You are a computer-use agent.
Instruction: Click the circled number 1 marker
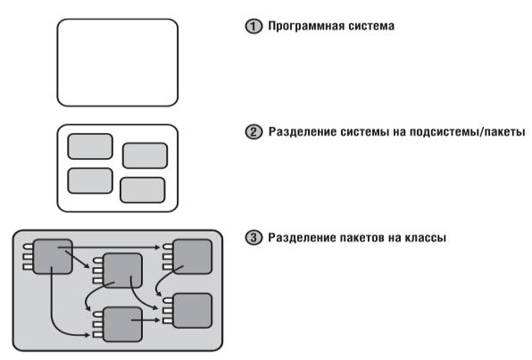pos(254,27)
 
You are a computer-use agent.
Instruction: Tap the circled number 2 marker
pos(254,132)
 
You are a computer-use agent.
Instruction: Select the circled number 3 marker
pos(254,238)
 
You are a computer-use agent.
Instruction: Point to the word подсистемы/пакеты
pos(467,132)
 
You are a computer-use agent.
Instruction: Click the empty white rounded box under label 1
pos(118,63)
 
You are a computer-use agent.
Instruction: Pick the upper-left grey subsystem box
pos(90,147)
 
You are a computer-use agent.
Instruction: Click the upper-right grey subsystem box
pos(145,155)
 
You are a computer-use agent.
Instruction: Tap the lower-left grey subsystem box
pos(90,180)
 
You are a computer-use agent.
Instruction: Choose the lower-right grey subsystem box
pos(143,190)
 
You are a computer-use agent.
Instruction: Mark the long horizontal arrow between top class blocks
pos(109,247)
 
